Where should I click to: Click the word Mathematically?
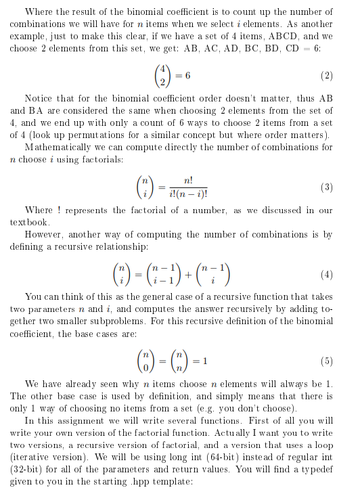(x=57, y=146)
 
